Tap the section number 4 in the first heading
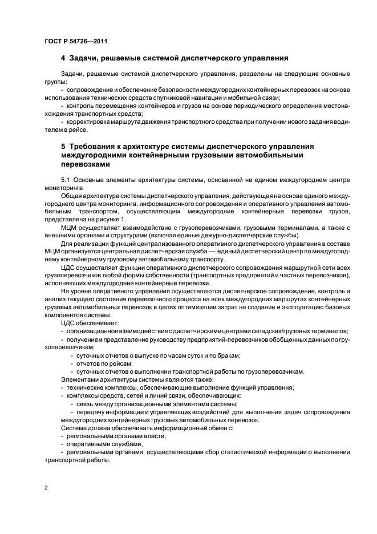pos(63,58)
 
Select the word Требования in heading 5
pos(98,147)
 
